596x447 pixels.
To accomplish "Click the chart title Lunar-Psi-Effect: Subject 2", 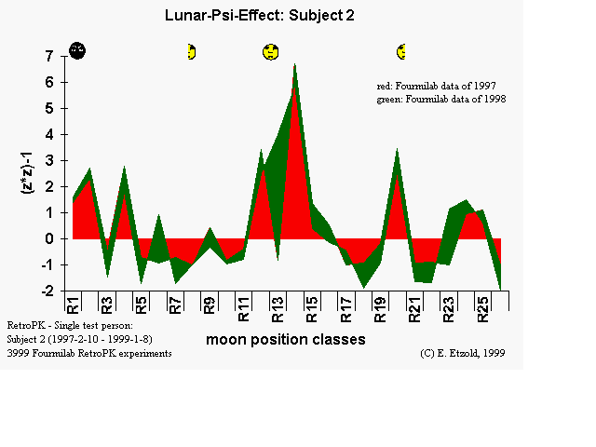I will [x=259, y=15].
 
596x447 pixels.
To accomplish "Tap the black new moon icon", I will [x=78, y=50].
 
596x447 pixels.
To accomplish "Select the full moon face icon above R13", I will [x=271, y=52].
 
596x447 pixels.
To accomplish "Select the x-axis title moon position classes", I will [x=286, y=340].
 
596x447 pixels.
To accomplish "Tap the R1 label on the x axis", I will [x=73, y=303].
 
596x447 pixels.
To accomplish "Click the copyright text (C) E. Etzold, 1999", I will [x=462, y=354].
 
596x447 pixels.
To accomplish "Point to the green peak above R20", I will [x=398, y=150].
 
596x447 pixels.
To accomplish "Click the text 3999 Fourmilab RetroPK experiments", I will [x=89, y=354].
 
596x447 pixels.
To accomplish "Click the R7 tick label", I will [x=174, y=303].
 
